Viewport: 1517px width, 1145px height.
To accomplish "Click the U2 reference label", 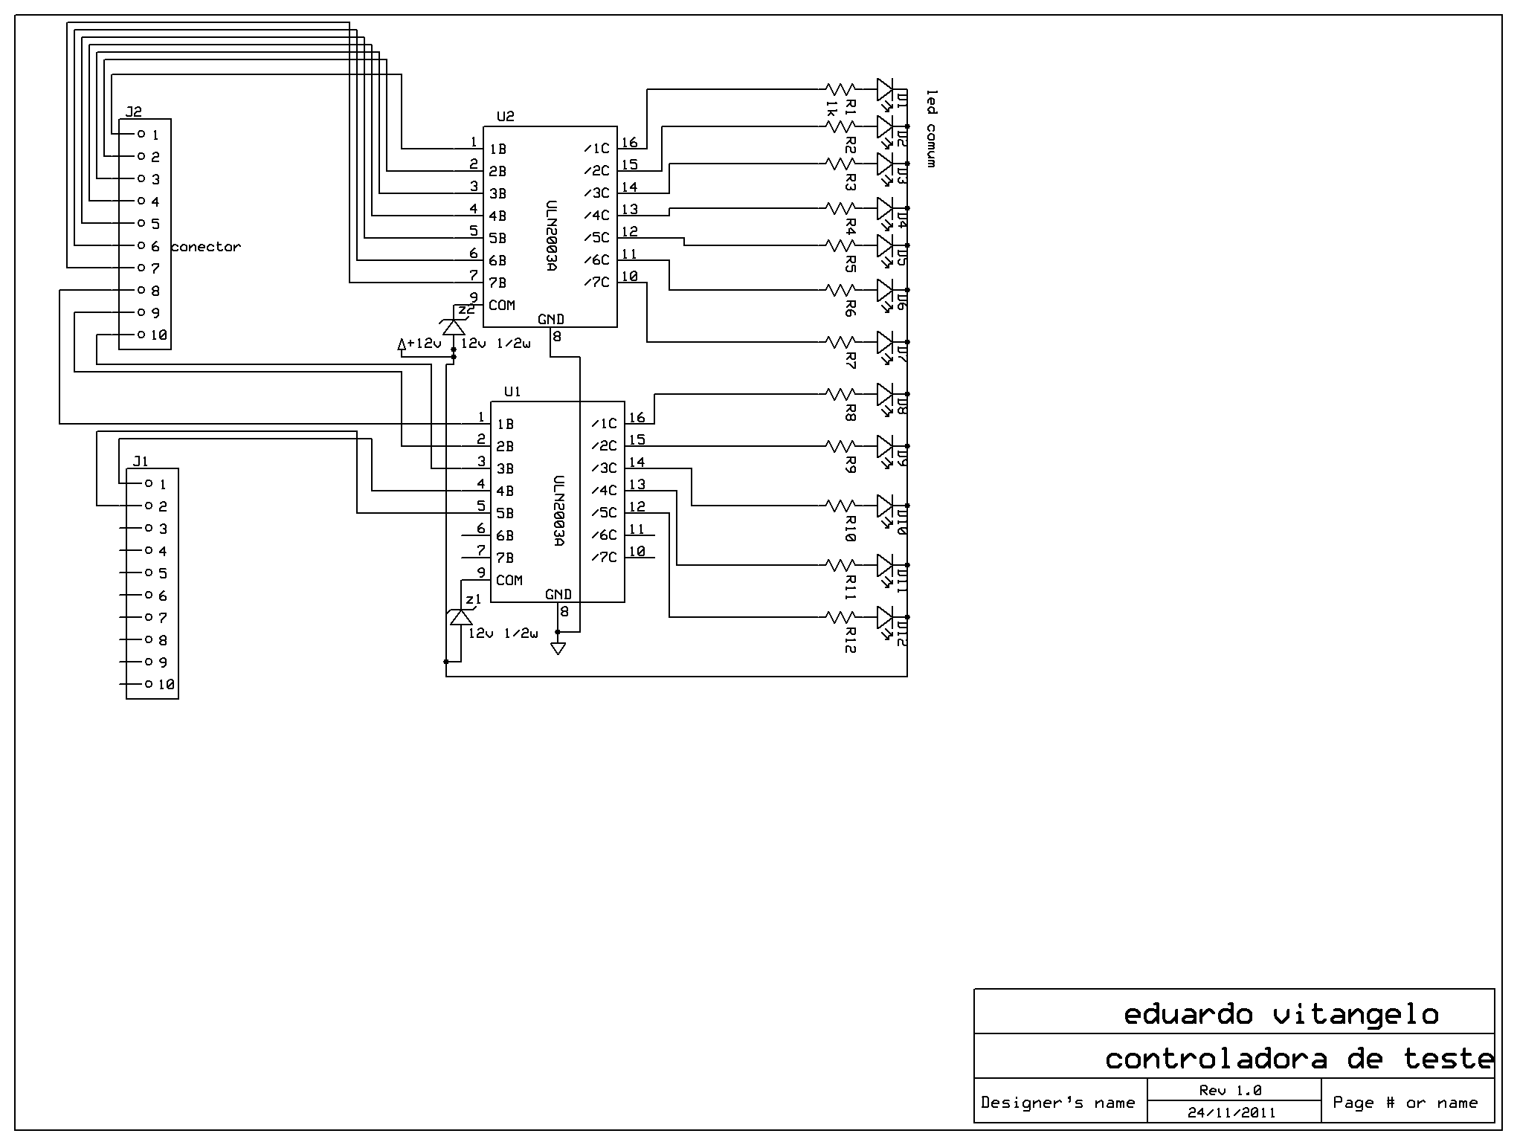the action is [505, 117].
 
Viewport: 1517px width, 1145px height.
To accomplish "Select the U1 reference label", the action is [512, 392].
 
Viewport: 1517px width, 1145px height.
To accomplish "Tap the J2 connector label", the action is [134, 112].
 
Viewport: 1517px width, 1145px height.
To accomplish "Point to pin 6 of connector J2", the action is [141, 245].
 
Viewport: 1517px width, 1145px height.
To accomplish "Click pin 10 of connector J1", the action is [149, 684].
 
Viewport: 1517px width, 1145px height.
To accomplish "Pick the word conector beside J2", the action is [206, 247].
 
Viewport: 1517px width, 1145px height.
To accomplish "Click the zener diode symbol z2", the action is [453, 326].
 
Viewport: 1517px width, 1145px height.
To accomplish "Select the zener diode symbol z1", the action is [460, 617].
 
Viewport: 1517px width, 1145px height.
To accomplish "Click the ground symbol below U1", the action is [558, 648].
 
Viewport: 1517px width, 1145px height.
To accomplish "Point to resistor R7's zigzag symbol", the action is [841, 342].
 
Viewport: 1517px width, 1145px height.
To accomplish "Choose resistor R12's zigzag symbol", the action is [841, 617].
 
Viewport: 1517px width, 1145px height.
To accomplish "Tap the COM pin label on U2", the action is [502, 305].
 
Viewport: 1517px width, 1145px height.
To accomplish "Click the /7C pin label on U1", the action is [605, 558].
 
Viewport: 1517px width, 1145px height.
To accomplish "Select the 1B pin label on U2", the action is [497, 149].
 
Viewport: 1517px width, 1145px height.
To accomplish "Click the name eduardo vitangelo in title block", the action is [1281, 1014].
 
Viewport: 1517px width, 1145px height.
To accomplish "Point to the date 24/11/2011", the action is [1231, 1113].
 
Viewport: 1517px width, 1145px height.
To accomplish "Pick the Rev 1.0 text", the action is [1231, 1091].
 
